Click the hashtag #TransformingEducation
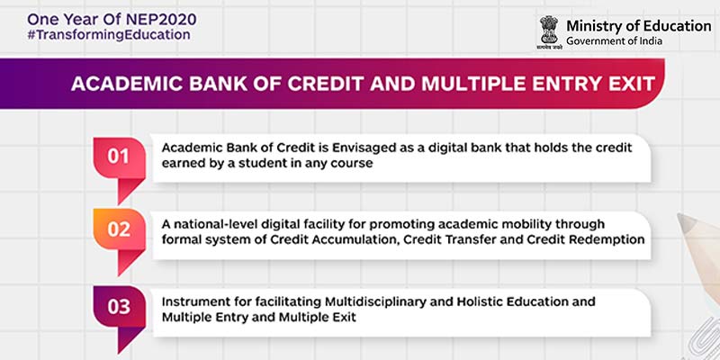coord(96,34)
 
